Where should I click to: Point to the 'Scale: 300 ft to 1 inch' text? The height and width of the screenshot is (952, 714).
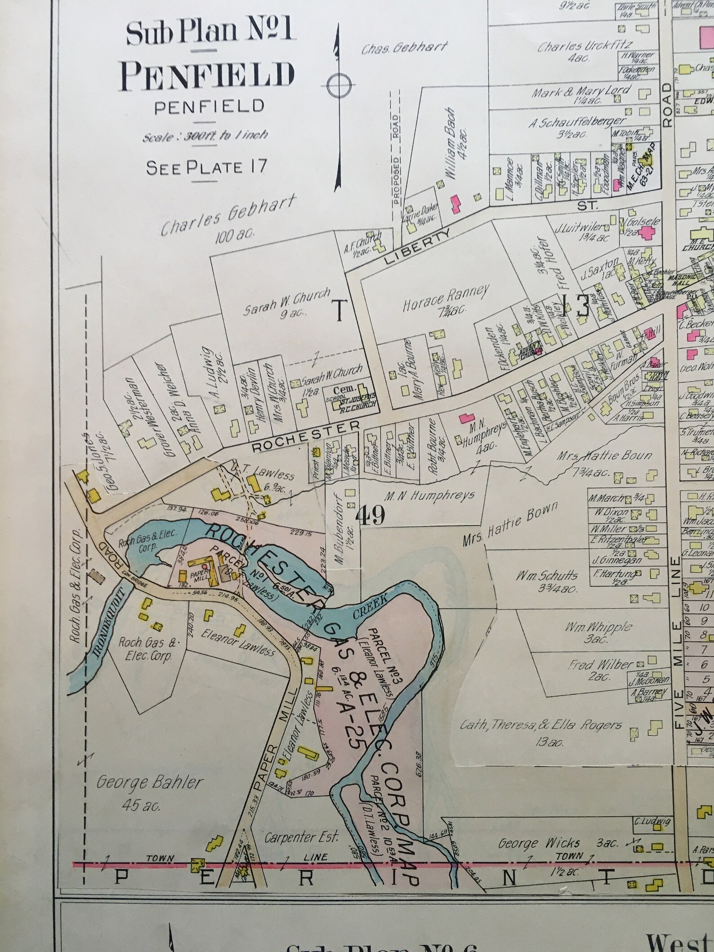205,135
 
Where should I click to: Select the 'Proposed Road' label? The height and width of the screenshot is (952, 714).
395,160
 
